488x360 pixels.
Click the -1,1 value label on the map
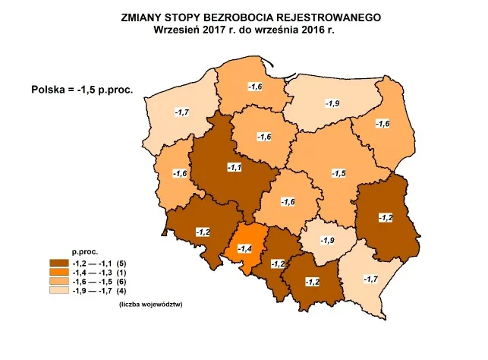click(x=235, y=167)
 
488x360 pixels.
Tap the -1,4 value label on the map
click(x=244, y=248)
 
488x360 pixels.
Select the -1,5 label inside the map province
click(x=339, y=174)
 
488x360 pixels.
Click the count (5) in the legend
click(x=121, y=262)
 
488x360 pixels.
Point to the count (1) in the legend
click(x=121, y=271)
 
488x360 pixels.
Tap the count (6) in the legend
click(x=121, y=280)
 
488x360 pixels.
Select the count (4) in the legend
click(x=121, y=289)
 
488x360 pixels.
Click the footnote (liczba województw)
click(x=152, y=305)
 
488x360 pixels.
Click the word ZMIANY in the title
click(x=144, y=16)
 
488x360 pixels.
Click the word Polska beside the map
click(x=46, y=89)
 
